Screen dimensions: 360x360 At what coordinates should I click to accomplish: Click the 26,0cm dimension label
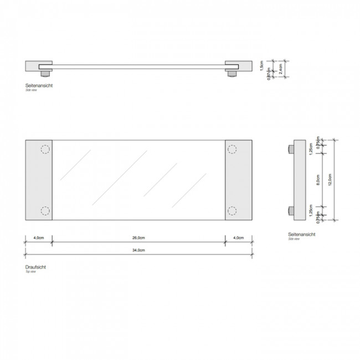[138, 239]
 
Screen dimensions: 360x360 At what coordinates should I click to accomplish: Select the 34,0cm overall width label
[138, 251]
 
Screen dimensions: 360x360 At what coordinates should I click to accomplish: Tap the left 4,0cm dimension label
[38, 239]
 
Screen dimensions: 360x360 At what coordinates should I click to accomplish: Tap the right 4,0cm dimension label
[238, 239]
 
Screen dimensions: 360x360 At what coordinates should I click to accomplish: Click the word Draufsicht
[35, 267]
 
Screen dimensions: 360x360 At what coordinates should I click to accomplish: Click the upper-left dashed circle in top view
[45, 149]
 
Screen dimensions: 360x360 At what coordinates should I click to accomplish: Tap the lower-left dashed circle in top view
[45, 211]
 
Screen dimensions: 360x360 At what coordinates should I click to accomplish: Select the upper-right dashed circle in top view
[232, 149]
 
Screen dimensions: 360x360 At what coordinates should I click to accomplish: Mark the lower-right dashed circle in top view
[232, 211]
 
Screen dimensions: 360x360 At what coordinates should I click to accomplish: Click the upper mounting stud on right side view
[291, 150]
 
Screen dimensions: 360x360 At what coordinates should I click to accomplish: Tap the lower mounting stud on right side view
[291, 210]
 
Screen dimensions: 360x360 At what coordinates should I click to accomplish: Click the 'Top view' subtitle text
[31, 272]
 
